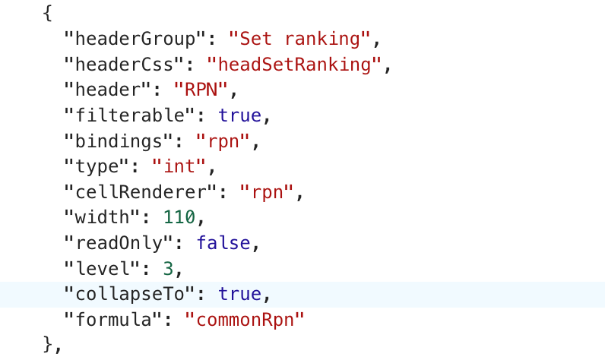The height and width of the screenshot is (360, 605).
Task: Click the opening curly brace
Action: point(49,14)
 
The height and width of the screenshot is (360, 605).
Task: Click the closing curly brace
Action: point(49,344)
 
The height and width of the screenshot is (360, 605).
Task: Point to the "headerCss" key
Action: point(124,65)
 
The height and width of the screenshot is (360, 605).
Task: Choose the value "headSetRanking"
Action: point(293,65)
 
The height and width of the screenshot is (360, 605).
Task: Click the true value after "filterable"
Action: point(240,116)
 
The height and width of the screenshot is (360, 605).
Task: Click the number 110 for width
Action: point(179,217)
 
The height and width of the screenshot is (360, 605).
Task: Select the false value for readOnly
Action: point(223,243)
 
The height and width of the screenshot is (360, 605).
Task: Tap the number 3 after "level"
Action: point(168,268)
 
